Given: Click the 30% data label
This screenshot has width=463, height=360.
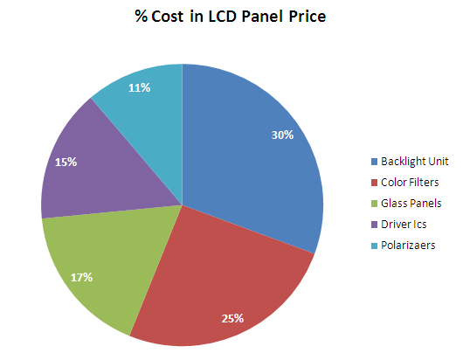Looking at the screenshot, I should point(281,135).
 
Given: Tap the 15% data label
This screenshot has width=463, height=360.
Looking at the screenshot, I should point(66,162).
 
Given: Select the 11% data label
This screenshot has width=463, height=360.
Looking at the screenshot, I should point(139,87).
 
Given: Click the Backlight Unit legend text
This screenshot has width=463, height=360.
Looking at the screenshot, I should point(416,162).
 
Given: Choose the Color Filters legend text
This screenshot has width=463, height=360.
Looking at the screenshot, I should point(411,183).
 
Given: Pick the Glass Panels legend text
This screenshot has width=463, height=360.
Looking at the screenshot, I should point(411,204).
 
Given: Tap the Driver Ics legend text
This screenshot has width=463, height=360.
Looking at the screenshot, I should point(404,225).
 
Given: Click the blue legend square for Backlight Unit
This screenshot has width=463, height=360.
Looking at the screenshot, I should point(375,162).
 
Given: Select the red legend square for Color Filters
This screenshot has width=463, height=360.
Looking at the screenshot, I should point(375,183).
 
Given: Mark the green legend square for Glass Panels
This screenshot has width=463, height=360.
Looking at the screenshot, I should point(375,204).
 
